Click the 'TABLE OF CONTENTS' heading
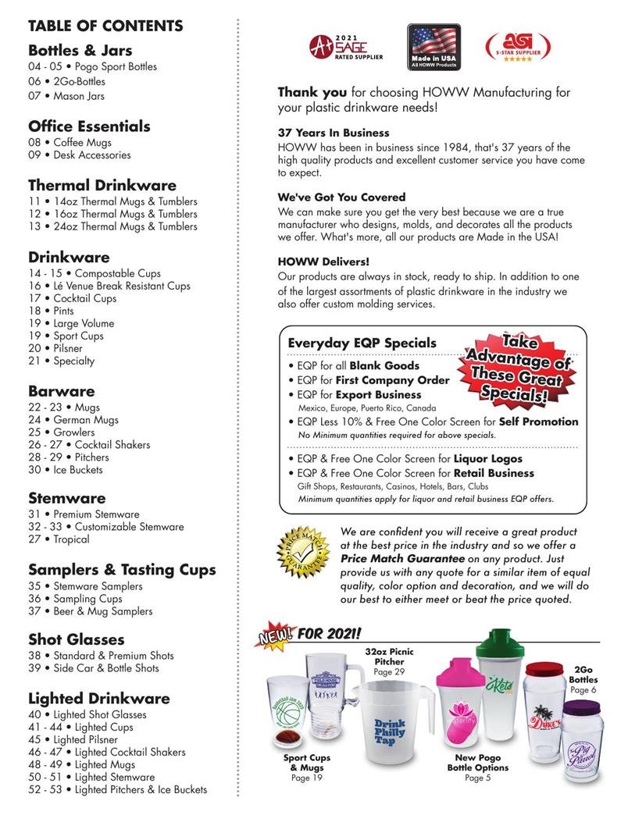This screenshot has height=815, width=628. click(105, 26)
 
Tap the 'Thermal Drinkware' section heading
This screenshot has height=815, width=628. click(102, 186)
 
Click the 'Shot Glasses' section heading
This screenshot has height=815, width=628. click(77, 639)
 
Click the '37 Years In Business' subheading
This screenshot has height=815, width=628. click(334, 133)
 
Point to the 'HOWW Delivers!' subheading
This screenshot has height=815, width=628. click(324, 262)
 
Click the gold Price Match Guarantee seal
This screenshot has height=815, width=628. click(300, 553)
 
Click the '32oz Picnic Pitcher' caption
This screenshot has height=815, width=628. click(389, 656)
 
